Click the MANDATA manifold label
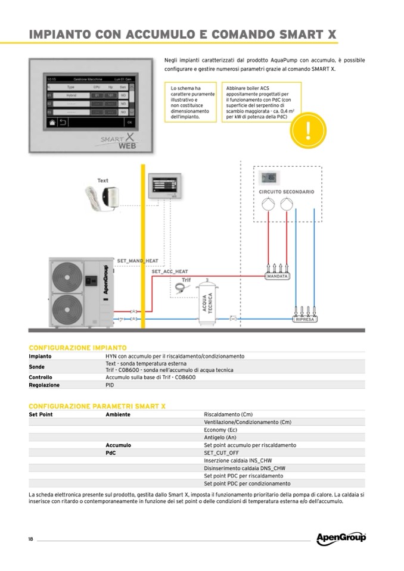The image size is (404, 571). tap(278, 276)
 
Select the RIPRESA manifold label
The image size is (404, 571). tap(305, 319)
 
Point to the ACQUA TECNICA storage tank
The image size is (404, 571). tap(209, 303)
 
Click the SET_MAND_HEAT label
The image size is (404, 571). tap(138, 261)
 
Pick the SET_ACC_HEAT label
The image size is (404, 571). tap(169, 272)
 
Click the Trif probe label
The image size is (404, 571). tap(186, 279)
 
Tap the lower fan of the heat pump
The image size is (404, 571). tap(68, 308)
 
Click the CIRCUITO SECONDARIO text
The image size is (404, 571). tap(286, 192)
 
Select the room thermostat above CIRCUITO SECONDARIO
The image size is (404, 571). tap(269, 177)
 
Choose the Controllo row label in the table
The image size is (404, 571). tap(41, 377)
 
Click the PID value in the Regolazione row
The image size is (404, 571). tap(110, 385)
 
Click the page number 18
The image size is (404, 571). tap(30, 539)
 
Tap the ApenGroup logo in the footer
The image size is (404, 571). tap(341, 538)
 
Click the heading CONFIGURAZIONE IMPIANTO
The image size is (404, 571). tap(77, 347)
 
